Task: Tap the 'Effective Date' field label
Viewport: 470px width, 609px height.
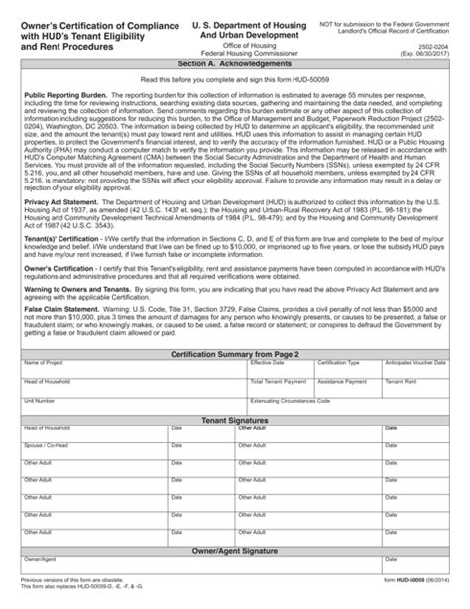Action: click(x=265, y=363)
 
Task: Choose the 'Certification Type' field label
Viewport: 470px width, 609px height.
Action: click(x=338, y=363)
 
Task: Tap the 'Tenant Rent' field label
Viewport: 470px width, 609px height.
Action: click(x=401, y=381)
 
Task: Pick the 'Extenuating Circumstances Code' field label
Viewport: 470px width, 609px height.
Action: click(x=295, y=399)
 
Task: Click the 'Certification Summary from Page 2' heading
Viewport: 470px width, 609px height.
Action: click(x=235, y=353)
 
